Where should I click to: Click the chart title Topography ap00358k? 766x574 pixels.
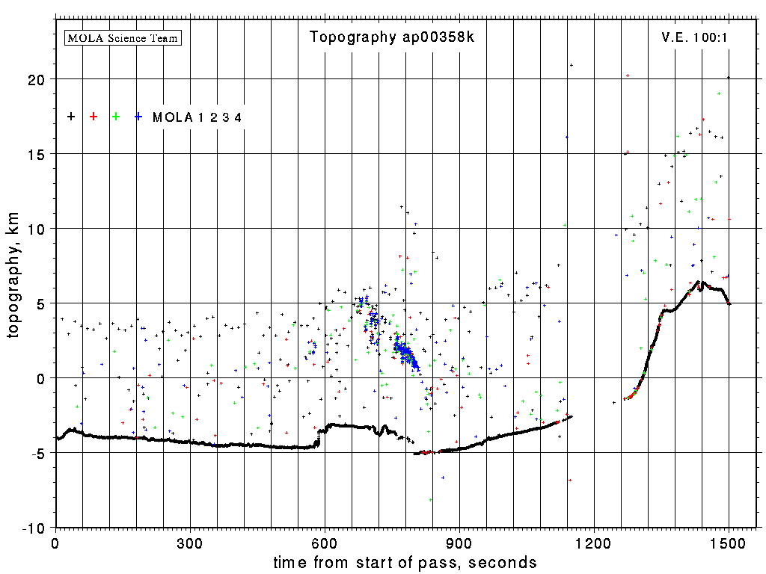[392, 37]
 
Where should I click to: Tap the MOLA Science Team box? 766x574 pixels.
[123, 37]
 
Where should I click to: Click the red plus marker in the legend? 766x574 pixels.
[94, 117]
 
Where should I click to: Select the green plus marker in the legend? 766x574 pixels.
[116, 117]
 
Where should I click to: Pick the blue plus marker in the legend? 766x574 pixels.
[138, 117]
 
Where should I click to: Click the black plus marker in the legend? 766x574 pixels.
[71, 117]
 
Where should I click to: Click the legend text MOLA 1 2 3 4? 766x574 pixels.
[197, 117]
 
